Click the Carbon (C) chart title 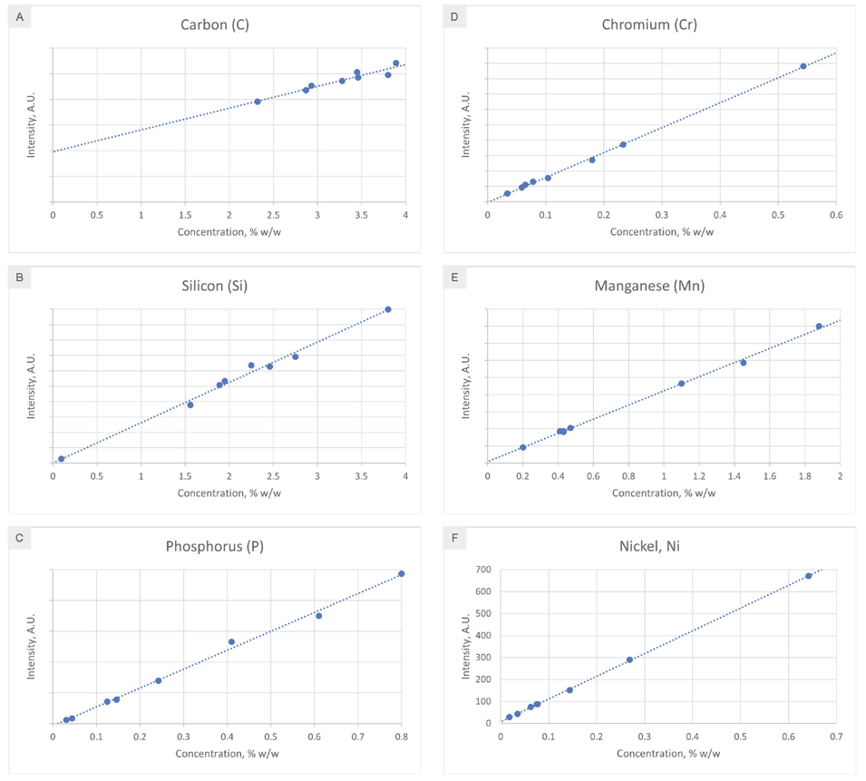click(x=215, y=24)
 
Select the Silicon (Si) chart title click(x=215, y=287)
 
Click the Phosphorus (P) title click(x=215, y=546)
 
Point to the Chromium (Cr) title click(x=649, y=24)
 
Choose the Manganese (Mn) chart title click(x=649, y=287)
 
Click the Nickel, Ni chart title click(x=649, y=546)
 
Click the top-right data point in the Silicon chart click(x=388, y=309)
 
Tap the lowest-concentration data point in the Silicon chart click(x=62, y=459)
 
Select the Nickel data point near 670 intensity click(x=809, y=576)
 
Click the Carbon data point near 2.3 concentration click(x=258, y=102)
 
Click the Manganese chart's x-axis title click(x=663, y=493)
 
